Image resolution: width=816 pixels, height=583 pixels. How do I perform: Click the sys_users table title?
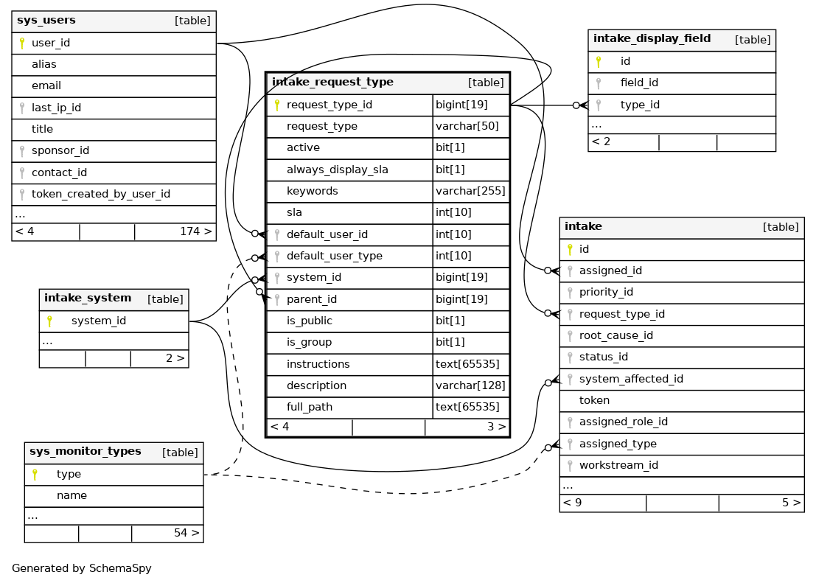tap(46, 21)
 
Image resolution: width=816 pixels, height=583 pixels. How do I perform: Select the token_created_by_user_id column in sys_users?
tap(100, 195)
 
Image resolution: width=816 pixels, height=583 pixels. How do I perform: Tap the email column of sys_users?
tap(46, 86)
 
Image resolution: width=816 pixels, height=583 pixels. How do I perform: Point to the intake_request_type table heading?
tap(332, 83)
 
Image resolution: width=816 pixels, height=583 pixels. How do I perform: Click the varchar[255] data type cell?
tap(470, 192)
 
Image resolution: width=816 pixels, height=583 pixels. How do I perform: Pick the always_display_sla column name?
tap(337, 170)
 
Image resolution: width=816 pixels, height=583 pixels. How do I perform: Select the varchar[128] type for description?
tap(470, 386)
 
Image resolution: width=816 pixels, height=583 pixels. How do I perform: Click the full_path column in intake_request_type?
tap(310, 408)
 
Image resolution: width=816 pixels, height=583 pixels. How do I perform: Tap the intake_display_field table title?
tap(652, 39)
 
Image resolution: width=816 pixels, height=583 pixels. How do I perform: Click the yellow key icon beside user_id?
tap(22, 43)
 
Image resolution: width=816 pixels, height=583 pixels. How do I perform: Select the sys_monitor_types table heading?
tap(85, 452)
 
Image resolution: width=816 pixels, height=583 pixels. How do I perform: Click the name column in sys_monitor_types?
tap(72, 496)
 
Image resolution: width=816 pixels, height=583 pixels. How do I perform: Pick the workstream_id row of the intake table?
tap(618, 466)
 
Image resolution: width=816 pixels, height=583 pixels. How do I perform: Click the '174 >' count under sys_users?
tap(195, 231)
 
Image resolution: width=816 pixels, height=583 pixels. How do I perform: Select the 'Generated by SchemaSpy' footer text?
tap(81, 569)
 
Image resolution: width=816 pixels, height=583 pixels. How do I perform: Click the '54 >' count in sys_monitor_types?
tap(186, 533)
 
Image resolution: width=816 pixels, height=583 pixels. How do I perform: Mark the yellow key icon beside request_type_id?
tap(277, 105)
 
